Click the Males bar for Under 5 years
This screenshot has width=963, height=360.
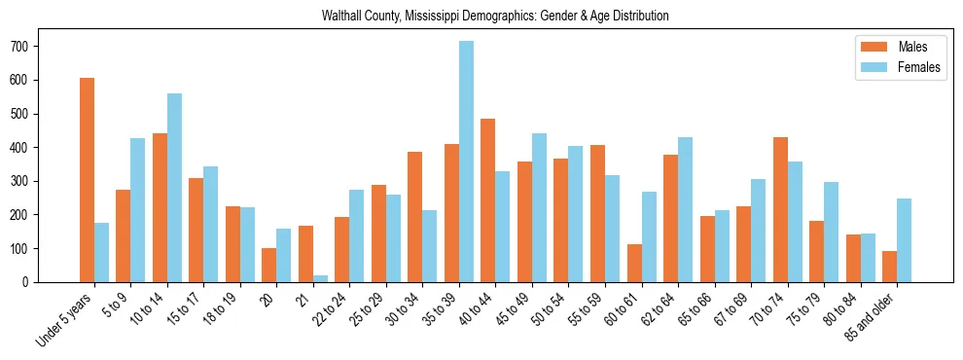point(87,180)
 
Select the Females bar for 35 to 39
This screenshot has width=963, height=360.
point(466,162)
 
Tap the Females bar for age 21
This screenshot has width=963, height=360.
point(320,278)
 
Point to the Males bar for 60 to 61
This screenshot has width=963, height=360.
point(634,263)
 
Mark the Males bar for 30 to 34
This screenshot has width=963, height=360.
point(415,217)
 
